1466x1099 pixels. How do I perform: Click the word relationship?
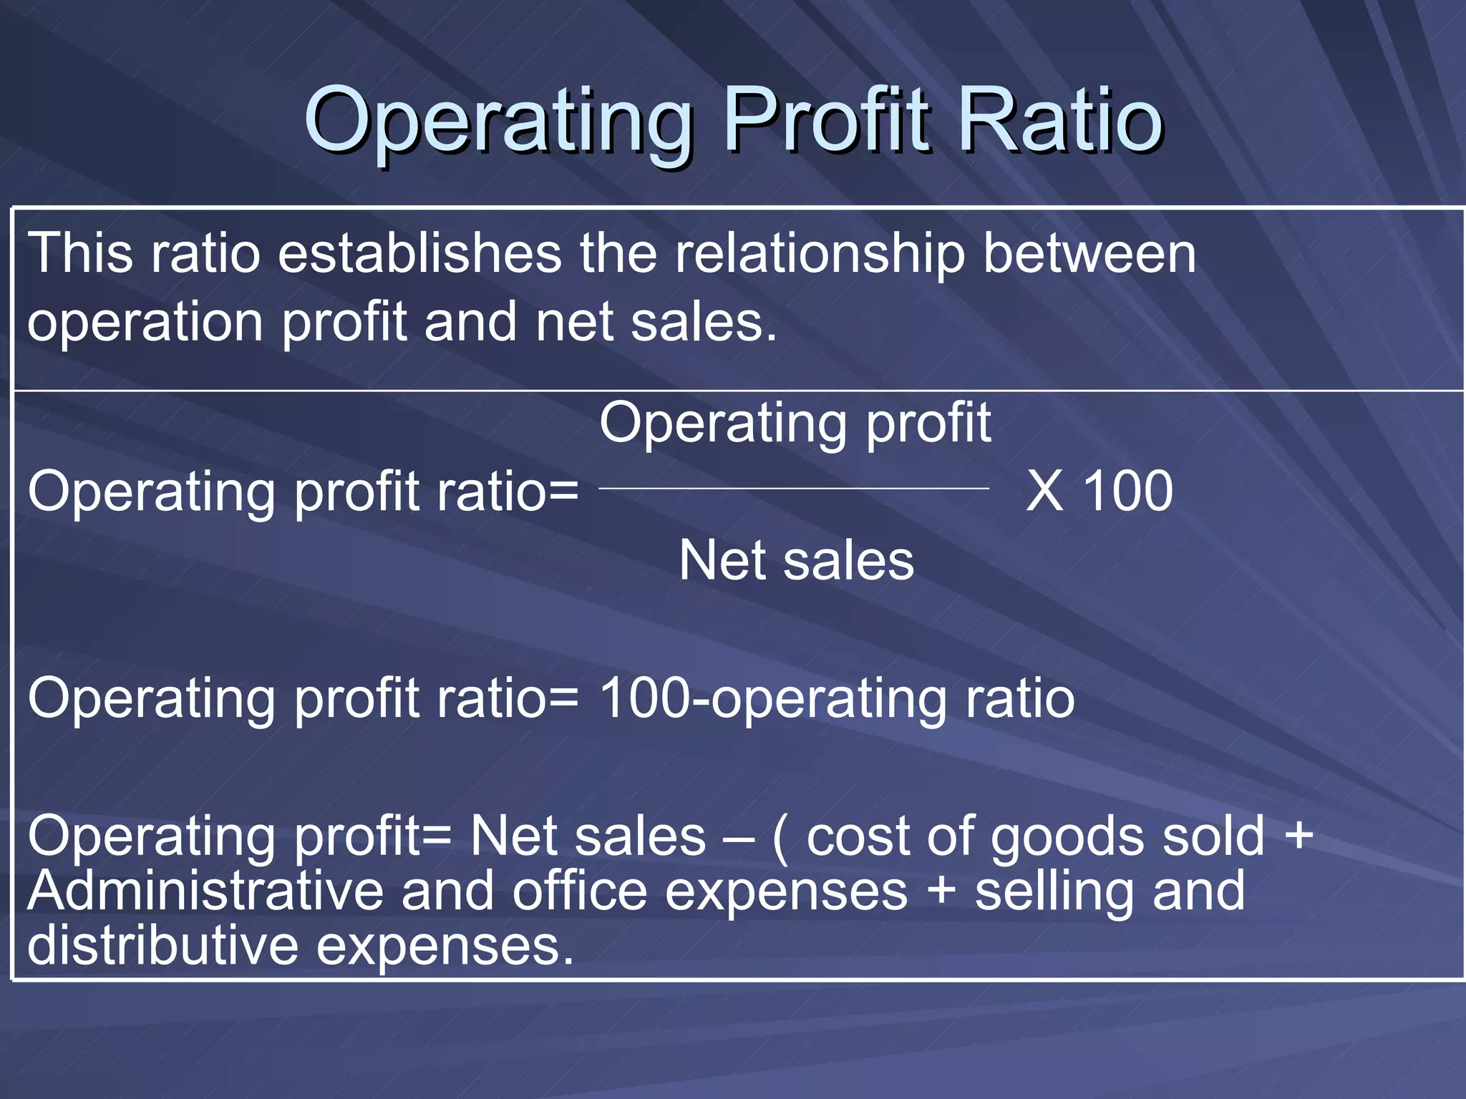click(820, 255)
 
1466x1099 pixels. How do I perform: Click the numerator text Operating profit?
click(795, 424)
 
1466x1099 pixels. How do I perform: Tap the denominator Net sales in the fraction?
click(796, 560)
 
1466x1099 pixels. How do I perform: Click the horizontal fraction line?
click(793, 489)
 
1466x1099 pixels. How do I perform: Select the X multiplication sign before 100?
click(1044, 492)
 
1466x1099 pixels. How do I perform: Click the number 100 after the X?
click(1127, 492)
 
